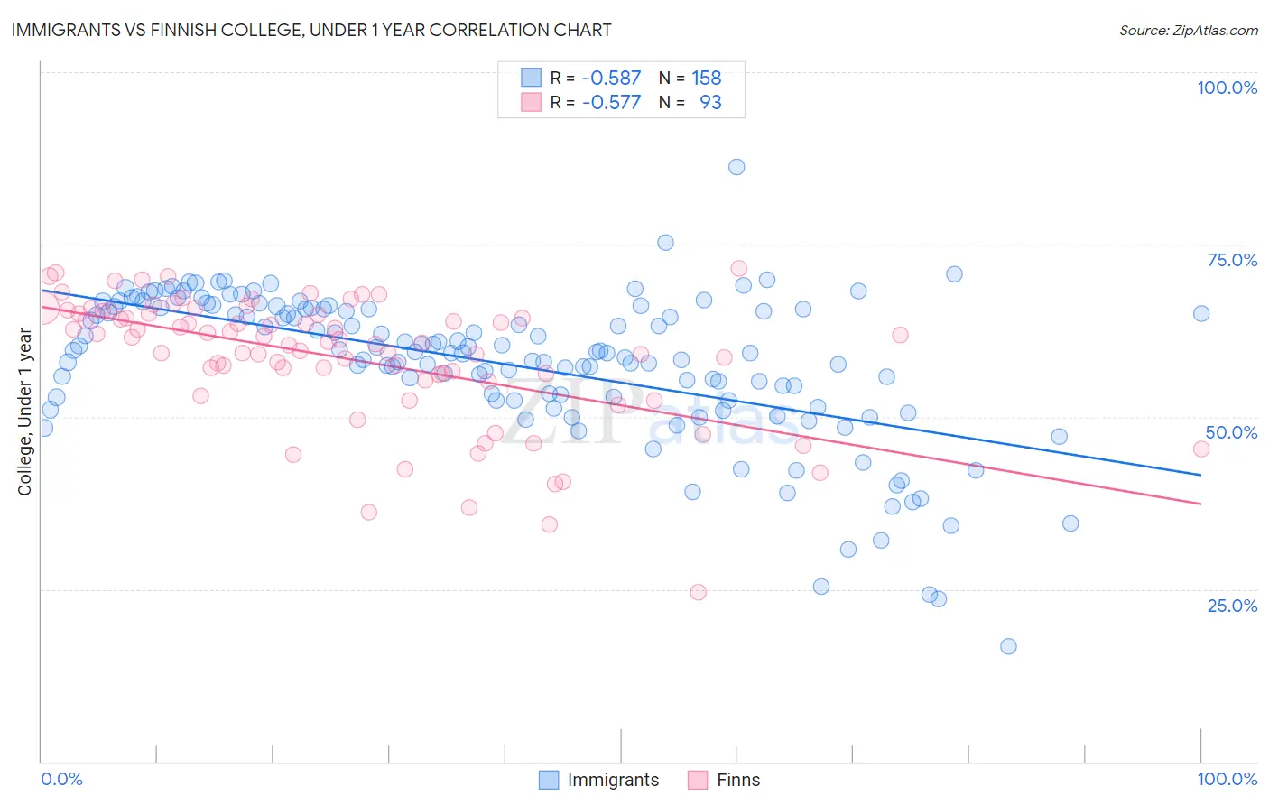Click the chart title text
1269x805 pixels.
point(311,30)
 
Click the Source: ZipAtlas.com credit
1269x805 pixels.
point(1188,30)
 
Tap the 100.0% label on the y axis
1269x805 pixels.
point(1227,88)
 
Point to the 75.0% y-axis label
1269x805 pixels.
point(1232,260)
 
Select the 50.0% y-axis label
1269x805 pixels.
point(1231,432)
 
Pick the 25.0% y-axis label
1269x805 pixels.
point(1232,605)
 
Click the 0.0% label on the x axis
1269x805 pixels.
point(61,779)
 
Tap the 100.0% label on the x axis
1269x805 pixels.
point(1227,779)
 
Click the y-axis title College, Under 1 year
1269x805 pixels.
point(25,412)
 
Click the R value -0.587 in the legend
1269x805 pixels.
point(611,78)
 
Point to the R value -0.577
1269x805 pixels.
point(611,102)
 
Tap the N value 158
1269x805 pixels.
point(706,78)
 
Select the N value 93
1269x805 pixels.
point(710,102)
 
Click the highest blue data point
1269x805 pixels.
point(736,167)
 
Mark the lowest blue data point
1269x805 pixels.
point(1008,646)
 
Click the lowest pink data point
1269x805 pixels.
point(698,592)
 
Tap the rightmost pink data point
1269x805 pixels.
point(1200,449)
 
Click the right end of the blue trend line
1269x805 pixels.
point(1200,474)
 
